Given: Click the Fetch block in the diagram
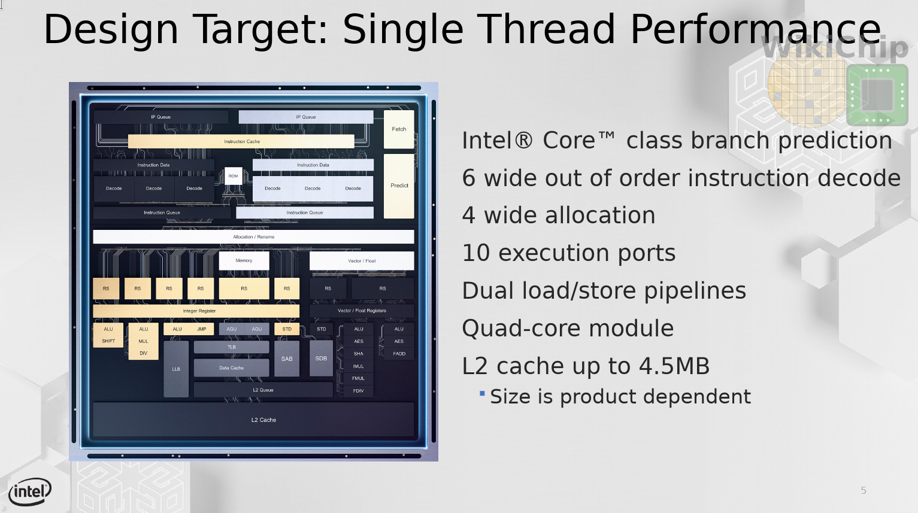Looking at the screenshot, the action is click(399, 129).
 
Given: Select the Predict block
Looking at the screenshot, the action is click(399, 186).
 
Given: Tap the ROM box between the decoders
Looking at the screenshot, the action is click(233, 176).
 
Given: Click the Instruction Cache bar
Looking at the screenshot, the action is click(241, 141).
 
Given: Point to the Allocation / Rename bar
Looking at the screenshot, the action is click(254, 237).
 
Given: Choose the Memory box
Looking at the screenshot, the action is click(244, 260).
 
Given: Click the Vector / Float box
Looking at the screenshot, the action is click(362, 260).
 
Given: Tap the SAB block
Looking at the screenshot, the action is click(287, 359).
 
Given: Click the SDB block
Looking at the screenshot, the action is click(322, 359).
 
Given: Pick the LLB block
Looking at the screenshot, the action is click(176, 369).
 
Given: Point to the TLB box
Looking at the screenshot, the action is click(232, 347).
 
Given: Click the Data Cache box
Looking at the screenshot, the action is click(232, 368).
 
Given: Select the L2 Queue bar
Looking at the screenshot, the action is click(263, 390).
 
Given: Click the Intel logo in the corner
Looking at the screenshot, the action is click(30, 491).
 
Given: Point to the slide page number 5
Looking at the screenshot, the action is click(864, 490).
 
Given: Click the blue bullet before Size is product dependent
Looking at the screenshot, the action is click(483, 394).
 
